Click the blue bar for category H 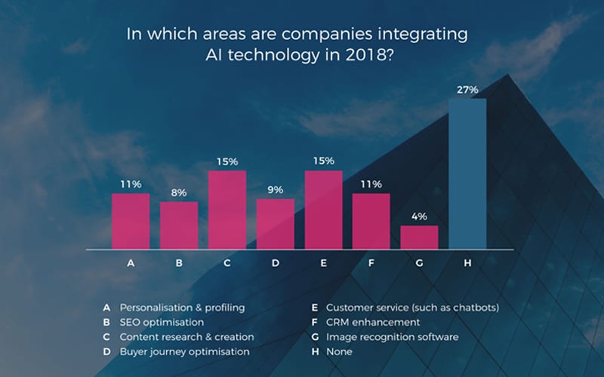coord(467,173)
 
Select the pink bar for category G coord(419,237)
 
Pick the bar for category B coord(178,225)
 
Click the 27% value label coord(467,90)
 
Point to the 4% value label coord(419,216)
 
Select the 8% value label coord(178,193)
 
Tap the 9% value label coord(275,190)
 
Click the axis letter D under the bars coord(275,264)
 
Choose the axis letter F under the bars coord(371,264)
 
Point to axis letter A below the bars coord(131,264)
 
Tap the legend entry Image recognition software coord(392,336)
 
